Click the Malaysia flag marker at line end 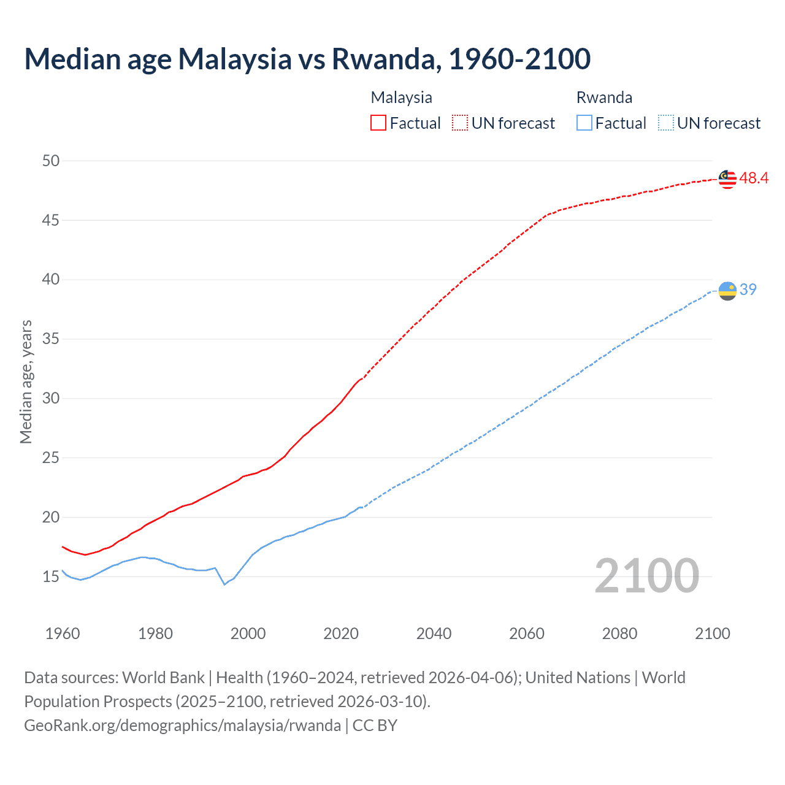click(727, 179)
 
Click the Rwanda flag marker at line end click(727, 291)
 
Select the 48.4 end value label click(754, 178)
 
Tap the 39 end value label click(748, 289)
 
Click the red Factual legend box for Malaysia click(378, 123)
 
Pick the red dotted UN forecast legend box click(460, 123)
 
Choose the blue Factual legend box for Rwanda click(584, 123)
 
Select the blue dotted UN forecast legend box click(666, 123)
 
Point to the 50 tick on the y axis click(51, 161)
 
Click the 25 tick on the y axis click(51, 458)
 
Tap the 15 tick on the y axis click(51, 576)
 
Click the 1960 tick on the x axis click(63, 634)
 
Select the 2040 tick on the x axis click(434, 634)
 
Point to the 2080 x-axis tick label click(619, 634)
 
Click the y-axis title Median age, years click(26, 381)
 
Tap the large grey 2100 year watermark click(647, 575)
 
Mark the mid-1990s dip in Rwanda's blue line click(224, 584)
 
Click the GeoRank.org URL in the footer click(182, 725)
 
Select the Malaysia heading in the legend click(401, 98)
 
